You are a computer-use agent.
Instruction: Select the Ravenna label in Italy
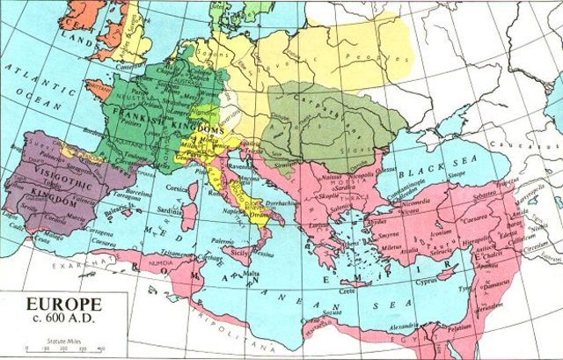pos(245,163)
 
